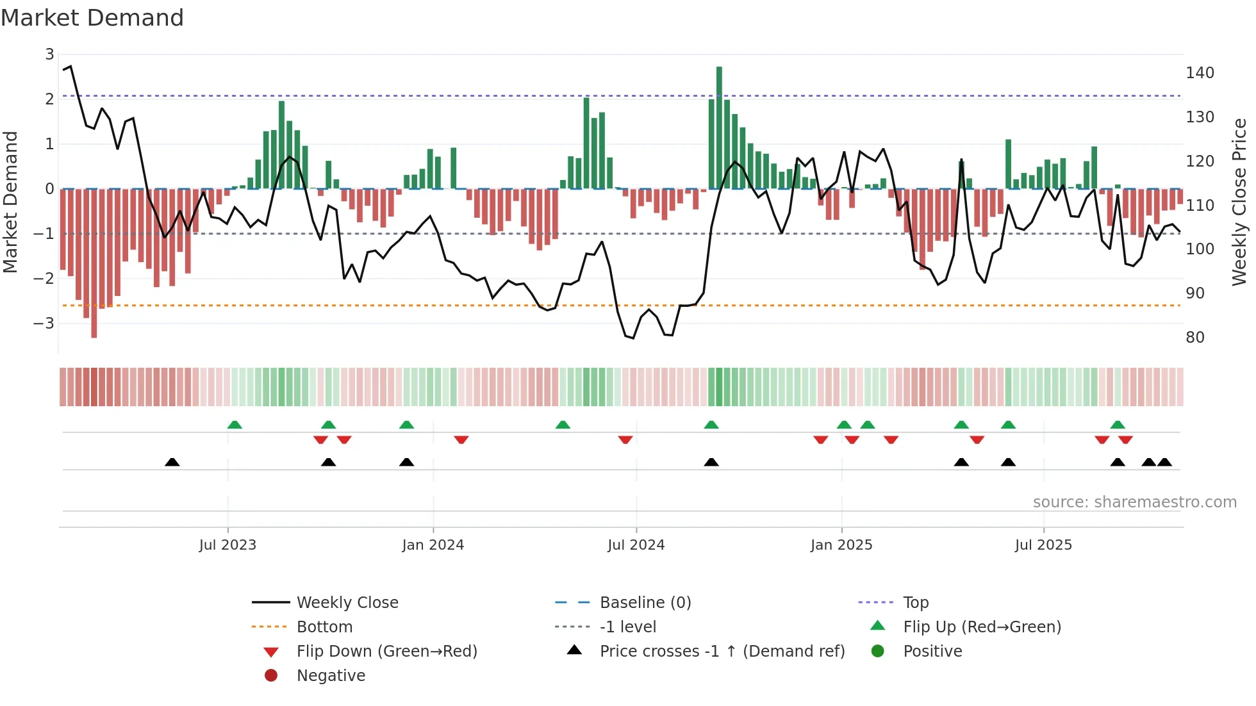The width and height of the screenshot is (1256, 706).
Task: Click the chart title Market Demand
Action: (92, 18)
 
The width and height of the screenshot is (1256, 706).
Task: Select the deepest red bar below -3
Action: (94, 263)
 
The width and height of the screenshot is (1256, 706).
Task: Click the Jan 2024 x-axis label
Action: (433, 545)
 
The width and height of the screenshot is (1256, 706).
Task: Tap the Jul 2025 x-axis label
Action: (1043, 545)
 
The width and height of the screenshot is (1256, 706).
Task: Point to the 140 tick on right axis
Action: (1200, 73)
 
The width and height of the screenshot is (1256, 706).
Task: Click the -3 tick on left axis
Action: (45, 323)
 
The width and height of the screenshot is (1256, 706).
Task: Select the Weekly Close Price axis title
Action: (1239, 202)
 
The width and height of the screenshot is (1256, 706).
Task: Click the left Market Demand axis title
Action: (11, 202)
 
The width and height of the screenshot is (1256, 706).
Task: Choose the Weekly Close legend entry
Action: (347, 603)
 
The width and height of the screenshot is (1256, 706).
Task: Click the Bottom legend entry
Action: (324, 627)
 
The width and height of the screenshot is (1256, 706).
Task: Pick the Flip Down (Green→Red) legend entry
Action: (386, 652)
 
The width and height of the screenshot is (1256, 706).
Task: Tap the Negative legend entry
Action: (331, 676)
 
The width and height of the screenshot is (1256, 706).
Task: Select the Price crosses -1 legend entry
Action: (722, 652)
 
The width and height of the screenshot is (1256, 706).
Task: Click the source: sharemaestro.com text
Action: (1134, 502)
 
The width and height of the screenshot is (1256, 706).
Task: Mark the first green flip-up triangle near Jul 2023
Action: (235, 425)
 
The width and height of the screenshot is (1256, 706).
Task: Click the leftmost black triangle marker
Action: (172, 462)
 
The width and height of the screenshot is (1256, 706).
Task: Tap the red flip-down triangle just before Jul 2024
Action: (625, 439)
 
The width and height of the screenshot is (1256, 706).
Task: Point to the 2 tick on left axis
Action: (49, 99)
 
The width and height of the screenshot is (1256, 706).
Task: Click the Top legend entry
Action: (915, 603)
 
